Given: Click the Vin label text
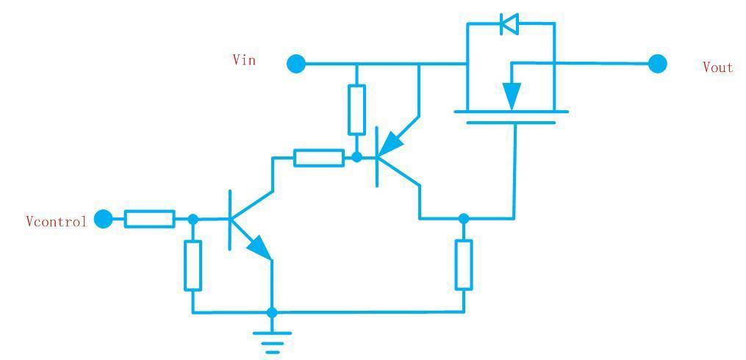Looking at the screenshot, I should coord(244,60).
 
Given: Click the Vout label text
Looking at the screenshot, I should coord(717,68).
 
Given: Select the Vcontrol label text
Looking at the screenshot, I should coord(56,220).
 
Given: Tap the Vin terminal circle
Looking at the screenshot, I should coord(295,64).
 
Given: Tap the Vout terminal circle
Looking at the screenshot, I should coord(658,64).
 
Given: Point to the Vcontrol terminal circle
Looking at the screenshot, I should coord(104,218).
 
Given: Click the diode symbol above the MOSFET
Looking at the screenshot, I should coord(509,24).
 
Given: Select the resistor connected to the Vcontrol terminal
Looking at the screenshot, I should coord(149,218).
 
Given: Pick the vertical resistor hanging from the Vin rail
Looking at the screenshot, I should coord(356,109).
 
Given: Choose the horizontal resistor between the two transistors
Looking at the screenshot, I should coord(318,157).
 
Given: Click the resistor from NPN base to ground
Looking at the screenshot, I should coord(193,264).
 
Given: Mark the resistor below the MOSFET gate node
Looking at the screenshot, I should coord(463,264).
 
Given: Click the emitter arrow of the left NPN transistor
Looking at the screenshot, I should coord(259,247).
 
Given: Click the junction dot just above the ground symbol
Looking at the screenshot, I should coord(272,312).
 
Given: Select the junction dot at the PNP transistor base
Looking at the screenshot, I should coord(356,157).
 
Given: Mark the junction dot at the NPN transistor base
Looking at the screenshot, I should coord(193,218).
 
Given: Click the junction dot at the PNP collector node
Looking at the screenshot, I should coord(463,218).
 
